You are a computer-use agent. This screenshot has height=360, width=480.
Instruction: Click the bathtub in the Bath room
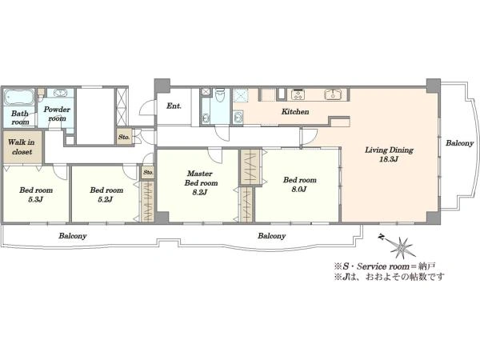(18, 97)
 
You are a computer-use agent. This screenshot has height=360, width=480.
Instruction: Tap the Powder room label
(57, 114)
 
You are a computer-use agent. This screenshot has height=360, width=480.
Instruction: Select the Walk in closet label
(22, 147)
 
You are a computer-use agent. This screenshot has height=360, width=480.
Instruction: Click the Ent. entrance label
(174, 106)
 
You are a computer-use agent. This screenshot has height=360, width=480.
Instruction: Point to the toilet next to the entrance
(219, 95)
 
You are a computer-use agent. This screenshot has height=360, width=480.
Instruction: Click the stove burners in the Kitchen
(298, 94)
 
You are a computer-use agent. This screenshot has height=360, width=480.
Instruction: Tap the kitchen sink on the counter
(332, 94)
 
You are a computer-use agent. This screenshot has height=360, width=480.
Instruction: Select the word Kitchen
(295, 112)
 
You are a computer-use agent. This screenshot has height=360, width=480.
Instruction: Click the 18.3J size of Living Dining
(389, 159)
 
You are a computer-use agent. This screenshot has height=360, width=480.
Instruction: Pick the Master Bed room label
(201, 178)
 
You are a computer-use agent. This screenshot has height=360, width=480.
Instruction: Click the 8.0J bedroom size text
(299, 190)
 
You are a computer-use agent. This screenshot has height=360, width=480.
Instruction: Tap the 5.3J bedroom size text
(35, 200)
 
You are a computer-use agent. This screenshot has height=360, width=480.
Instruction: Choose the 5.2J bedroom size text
(106, 200)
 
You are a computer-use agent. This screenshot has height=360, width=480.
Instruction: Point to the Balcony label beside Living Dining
(459, 143)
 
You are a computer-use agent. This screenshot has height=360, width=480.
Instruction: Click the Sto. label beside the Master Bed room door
(149, 172)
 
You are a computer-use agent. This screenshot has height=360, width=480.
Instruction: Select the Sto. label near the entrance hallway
(124, 137)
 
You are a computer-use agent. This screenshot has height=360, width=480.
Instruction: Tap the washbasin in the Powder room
(60, 93)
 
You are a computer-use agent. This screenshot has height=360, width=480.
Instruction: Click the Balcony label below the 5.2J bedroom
(73, 236)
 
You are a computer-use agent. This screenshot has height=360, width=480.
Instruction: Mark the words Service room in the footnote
(383, 266)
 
